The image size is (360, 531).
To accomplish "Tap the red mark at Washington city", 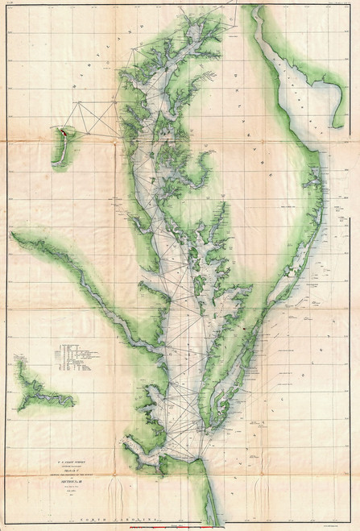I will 60,128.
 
